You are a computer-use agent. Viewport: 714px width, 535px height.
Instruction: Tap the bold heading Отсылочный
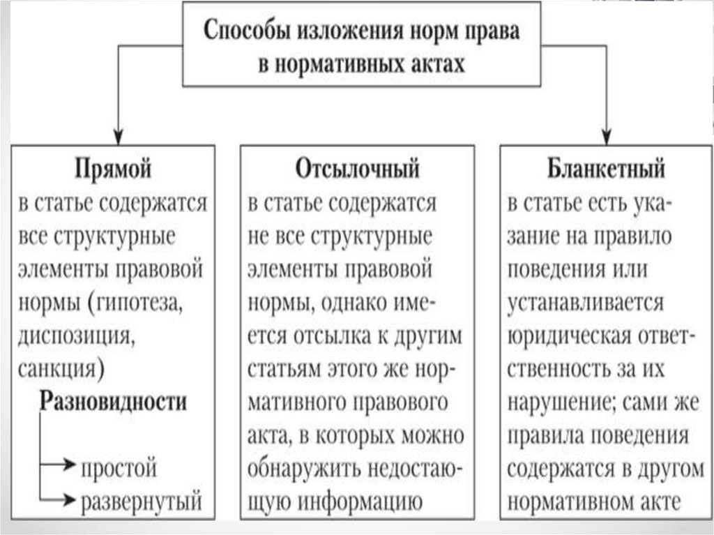[x=356, y=169]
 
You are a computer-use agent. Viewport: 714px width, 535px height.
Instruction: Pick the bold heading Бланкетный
[x=605, y=169]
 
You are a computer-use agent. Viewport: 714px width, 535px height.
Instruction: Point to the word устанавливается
[x=585, y=303]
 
